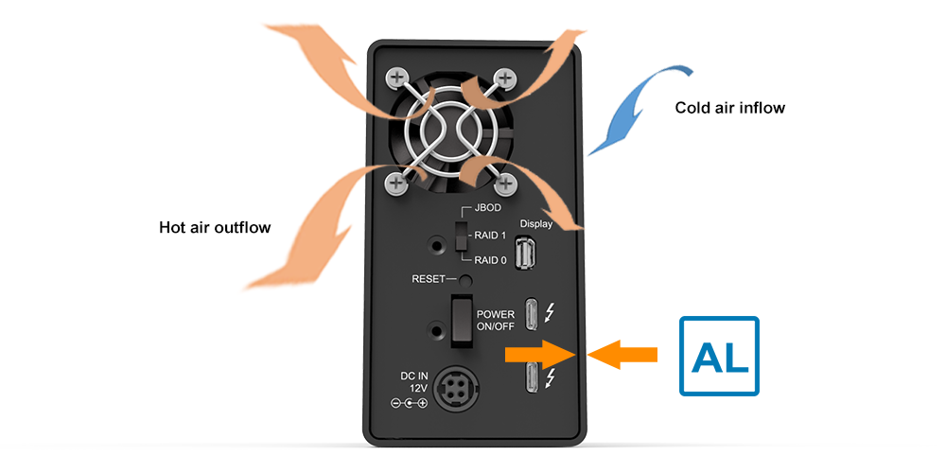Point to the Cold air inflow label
729,108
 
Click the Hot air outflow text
215,227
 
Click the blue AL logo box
719,356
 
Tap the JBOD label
488,206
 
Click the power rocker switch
461,319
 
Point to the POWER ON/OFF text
496,321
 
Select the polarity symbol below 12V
409,403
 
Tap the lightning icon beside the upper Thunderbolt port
553,311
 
